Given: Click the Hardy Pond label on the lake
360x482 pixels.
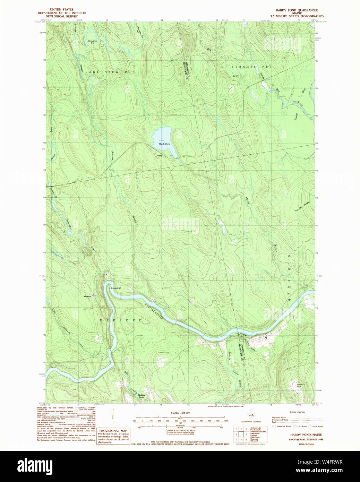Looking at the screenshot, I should tap(164, 144).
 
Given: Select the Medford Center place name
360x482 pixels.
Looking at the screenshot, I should tap(142, 396).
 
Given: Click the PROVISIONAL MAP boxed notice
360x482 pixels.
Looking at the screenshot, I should tap(113, 436).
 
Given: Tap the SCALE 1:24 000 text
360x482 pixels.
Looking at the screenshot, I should tap(180, 413).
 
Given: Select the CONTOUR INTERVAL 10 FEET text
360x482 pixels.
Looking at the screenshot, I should tap(180, 430).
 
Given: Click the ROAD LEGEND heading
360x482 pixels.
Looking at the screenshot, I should tap(297, 412).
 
